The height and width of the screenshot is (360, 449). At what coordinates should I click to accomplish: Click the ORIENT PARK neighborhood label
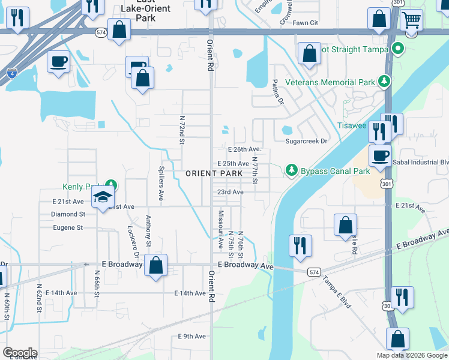(x=214, y=173)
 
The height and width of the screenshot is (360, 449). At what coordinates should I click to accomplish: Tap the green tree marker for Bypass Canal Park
(x=292, y=170)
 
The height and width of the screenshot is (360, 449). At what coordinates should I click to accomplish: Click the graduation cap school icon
(x=103, y=197)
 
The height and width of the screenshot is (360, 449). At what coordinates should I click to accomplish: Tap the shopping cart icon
(x=411, y=20)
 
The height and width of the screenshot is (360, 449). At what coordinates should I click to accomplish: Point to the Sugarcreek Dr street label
(x=306, y=141)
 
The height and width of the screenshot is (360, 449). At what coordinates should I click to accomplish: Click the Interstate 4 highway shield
(x=12, y=73)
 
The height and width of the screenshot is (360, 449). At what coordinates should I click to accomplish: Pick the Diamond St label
(x=64, y=214)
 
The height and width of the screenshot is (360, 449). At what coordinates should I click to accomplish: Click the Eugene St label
(x=67, y=228)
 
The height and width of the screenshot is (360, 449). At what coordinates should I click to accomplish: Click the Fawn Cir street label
(x=305, y=23)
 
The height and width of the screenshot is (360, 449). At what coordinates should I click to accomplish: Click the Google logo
(x=20, y=353)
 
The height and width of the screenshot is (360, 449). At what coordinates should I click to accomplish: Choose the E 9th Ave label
(x=191, y=337)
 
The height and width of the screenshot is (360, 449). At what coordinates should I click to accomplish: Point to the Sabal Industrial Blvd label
(x=420, y=162)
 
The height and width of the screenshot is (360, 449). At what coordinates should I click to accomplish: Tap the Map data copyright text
(x=411, y=355)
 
